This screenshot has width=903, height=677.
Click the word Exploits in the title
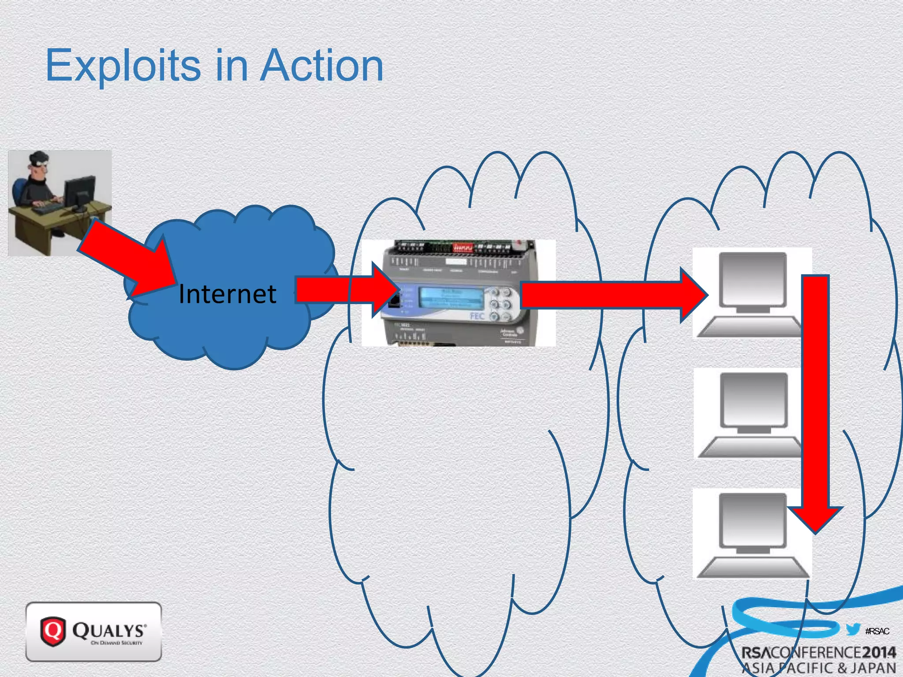point(123,66)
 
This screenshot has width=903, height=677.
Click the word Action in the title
point(322,66)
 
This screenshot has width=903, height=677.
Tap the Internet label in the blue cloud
point(228,294)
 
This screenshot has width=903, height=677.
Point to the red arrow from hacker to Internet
point(128,260)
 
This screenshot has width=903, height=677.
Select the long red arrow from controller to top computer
point(608,294)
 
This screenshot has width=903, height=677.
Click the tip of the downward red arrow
point(816,527)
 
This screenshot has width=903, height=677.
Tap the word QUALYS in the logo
point(108,630)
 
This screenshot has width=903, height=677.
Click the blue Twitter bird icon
point(853,629)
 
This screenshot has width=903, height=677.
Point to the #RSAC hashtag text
point(877,631)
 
